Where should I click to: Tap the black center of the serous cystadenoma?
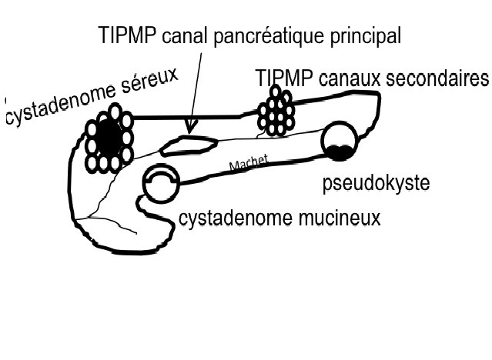coord(109,138)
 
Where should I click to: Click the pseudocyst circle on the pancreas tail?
coord(339,140)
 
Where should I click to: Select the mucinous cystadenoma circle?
coord(162,184)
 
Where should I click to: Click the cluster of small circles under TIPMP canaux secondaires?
coord(275,112)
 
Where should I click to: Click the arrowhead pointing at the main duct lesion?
coord(190,125)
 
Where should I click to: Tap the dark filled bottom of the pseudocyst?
coord(339,152)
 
